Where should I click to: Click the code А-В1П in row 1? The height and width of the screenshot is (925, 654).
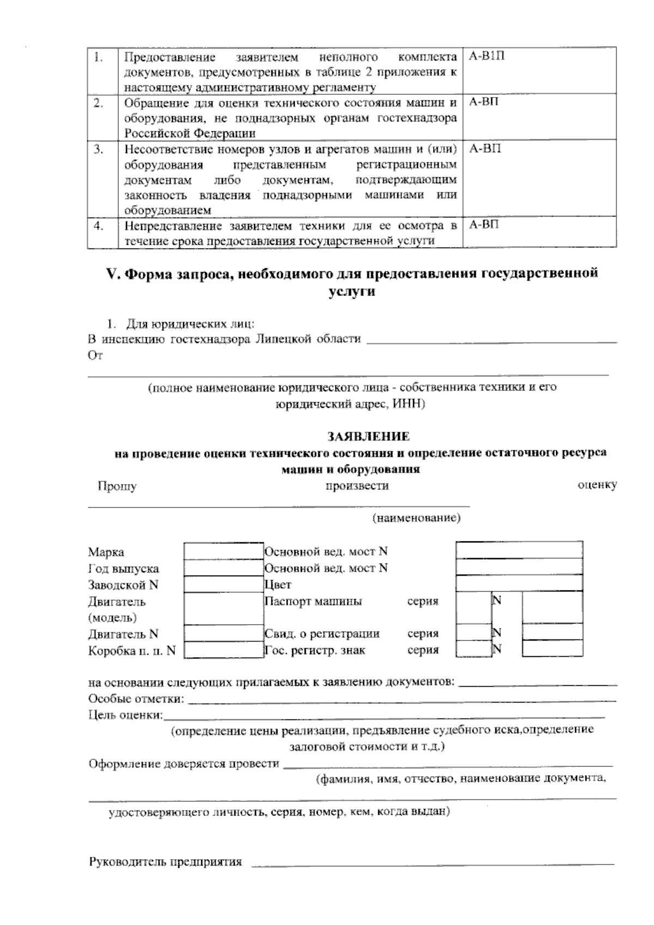click(486, 57)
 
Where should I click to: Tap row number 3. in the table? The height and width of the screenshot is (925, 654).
click(98, 149)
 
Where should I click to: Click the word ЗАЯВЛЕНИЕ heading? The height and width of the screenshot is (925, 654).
click(368, 437)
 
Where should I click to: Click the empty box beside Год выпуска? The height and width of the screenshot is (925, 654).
click(223, 568)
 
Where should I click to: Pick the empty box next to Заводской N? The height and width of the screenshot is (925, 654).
click(223, 584)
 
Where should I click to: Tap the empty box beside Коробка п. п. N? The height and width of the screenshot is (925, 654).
click(223, 650)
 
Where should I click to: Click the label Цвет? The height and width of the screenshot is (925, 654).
click(278, 585)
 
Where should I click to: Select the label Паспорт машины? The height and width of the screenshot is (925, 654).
click(313, 601)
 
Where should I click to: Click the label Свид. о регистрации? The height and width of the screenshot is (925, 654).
click(322, 633)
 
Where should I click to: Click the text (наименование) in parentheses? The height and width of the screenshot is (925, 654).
click(416, 518)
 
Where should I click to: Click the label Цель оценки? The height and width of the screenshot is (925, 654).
click(125, 715)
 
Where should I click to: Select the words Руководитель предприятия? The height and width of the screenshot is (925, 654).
click(165, 862)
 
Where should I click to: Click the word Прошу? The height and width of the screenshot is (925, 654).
click(117, 486)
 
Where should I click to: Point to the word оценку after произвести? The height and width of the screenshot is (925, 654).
click(597, 485)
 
